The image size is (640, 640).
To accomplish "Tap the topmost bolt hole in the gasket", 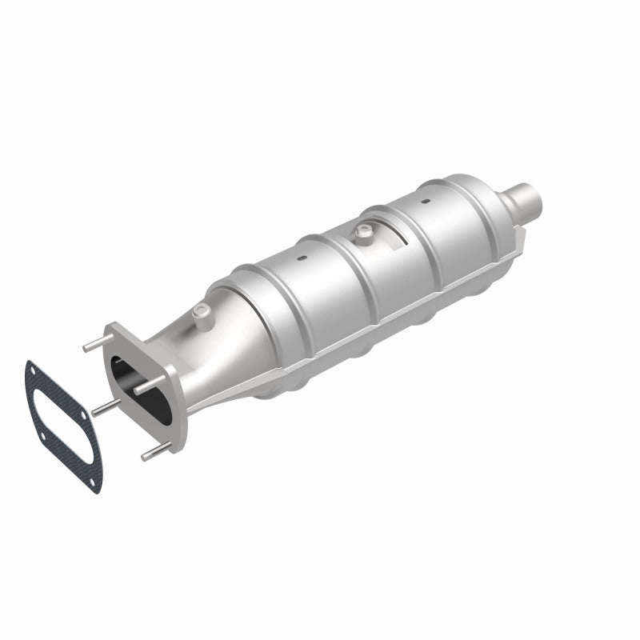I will click(33, 370).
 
